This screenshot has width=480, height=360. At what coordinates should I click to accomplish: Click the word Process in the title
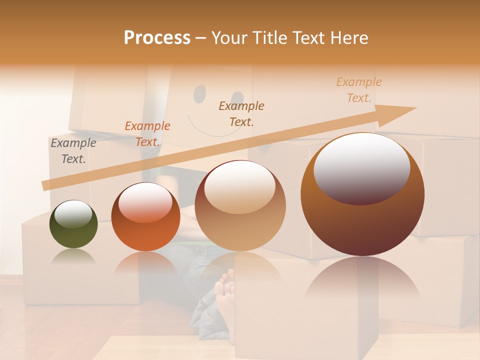tap(157, 38)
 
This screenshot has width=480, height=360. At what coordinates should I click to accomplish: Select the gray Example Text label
tap(73, 150)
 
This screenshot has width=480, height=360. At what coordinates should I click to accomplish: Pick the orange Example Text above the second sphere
tap(147, 134)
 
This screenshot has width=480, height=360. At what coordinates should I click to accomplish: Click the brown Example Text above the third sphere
tap(241, 113)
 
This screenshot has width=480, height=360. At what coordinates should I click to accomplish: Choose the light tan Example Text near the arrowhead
tap(358, 90)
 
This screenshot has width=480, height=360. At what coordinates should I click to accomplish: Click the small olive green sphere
tap(73, 230)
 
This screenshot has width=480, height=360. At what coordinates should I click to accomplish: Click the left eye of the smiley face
tap(199, 92)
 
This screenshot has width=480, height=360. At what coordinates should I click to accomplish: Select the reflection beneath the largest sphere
tap(362, 280)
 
